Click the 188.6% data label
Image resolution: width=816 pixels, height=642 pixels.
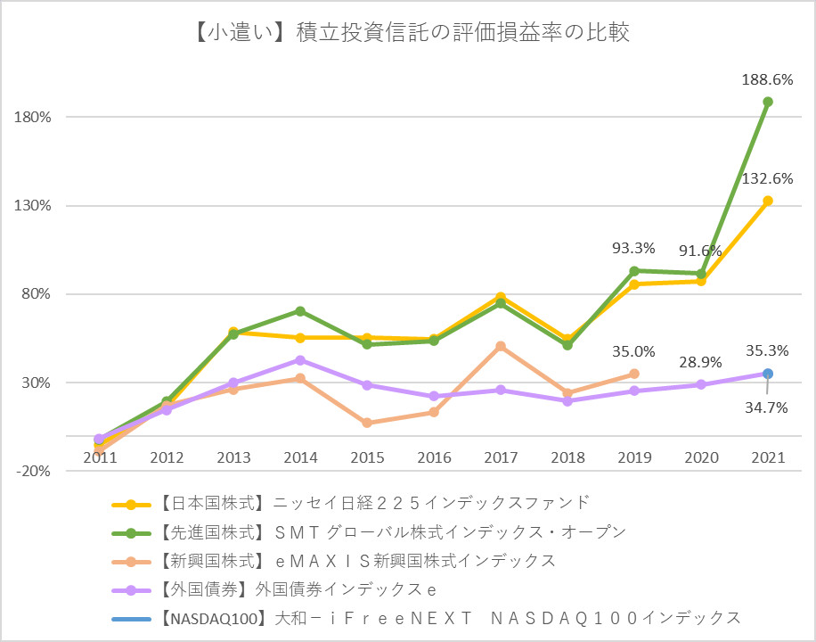767,79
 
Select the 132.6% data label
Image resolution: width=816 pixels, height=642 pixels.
767,178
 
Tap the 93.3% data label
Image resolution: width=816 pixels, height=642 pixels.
633,248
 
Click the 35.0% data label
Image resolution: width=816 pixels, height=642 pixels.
633,351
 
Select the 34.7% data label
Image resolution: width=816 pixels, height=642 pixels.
767,407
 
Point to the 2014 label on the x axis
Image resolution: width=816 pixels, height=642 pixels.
300,457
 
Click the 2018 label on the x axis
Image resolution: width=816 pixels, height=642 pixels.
567,457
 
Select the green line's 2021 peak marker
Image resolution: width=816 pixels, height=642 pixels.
768,102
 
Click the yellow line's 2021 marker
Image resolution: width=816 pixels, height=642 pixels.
768,201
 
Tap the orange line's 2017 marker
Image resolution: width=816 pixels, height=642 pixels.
501,346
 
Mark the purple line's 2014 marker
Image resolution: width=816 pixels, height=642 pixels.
300,360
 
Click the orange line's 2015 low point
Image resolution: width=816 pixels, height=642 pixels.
367,423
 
